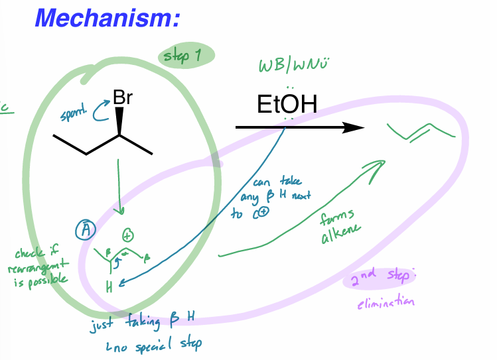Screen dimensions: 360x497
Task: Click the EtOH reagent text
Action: [287, 105]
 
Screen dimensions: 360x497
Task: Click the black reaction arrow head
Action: [355, 128]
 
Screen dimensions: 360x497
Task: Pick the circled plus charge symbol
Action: [127, 235]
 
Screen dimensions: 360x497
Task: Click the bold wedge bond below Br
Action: [120, 122]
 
